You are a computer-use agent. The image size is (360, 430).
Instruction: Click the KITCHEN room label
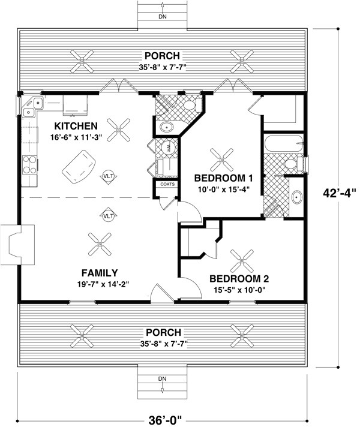(x=76, y=126)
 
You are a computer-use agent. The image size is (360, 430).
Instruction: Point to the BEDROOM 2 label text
(x=239, y=279)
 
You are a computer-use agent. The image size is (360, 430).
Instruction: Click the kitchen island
(x=79, y=164)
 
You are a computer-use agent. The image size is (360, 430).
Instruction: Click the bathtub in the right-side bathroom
(x=284, y=143)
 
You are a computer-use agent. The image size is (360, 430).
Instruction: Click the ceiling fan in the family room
(x=99, y=243)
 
